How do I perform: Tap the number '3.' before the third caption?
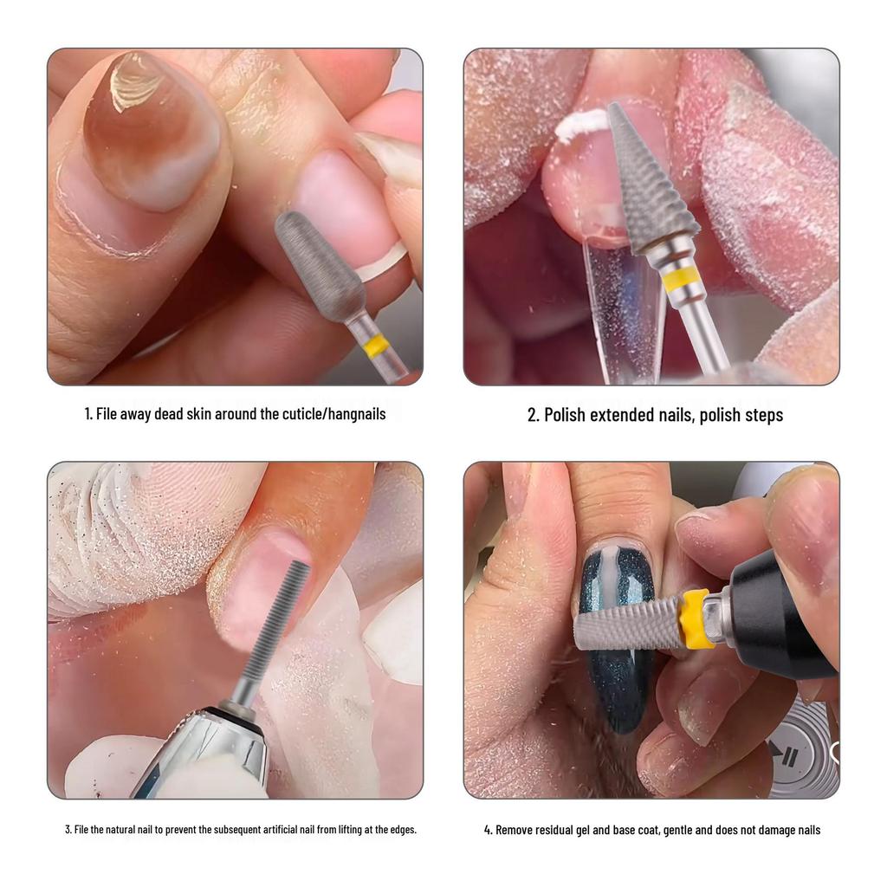68,830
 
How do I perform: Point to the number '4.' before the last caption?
489,830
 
